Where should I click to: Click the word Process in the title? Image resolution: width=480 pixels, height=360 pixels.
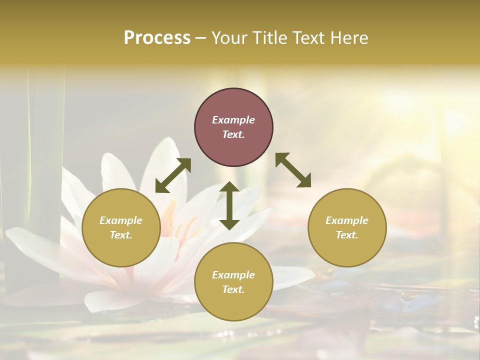coord(157,38)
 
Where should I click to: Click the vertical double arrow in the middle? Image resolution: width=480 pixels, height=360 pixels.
coord(229,205)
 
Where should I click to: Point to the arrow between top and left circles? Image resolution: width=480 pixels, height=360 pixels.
coord(173,175)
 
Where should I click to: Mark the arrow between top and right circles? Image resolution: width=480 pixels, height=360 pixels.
coord(293,170)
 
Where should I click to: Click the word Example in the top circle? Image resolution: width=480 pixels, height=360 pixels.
coord(233,120)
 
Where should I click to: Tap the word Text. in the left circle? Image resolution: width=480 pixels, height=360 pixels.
coord(121,235)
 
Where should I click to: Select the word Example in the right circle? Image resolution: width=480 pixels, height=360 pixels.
coord(347,220)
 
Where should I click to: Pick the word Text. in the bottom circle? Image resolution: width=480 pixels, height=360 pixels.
coord(233,289)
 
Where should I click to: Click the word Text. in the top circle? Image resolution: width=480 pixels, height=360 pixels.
coord(233,134)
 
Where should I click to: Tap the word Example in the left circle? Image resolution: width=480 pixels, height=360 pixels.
coord(121,220)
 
